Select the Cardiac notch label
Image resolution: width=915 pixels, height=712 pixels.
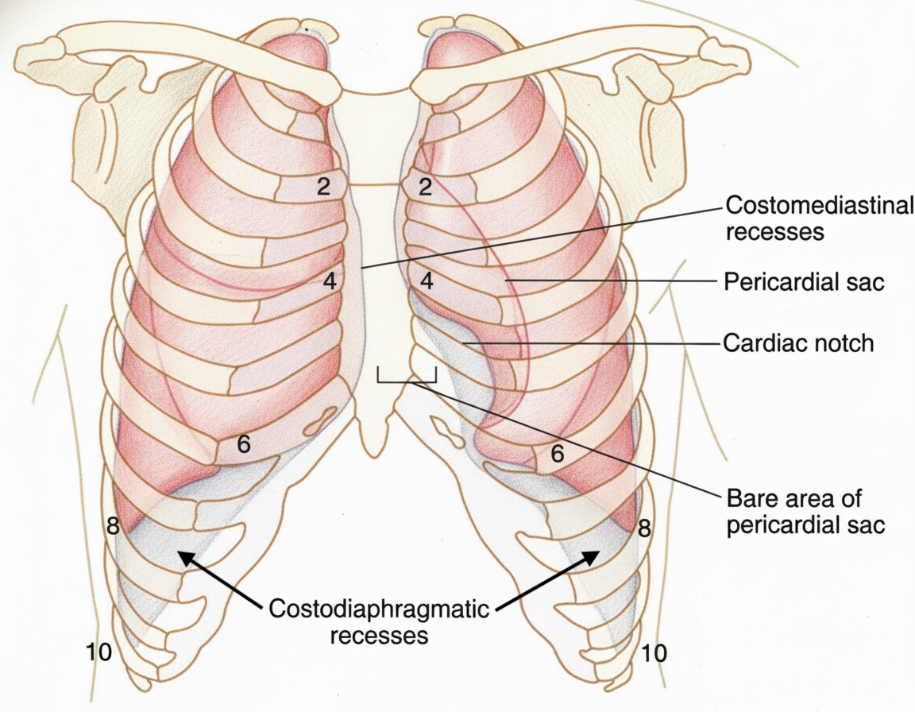click(x=798, y=343)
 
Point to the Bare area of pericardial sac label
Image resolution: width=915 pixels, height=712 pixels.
click(x=805, y=512)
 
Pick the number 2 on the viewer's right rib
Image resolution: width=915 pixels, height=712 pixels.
click(x=427, y=188)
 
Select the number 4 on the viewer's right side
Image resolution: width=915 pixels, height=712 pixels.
click(x=427, y=280)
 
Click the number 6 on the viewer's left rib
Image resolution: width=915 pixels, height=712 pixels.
click(x=244, y=444)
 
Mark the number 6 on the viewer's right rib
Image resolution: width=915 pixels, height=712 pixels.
click(x=558, y=454)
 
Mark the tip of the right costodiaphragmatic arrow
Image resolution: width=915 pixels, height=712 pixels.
click(x=598, y=553)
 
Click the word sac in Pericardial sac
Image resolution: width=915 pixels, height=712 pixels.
click(x=866, y=282)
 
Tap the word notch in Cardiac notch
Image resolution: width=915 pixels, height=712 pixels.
click(x=844, y=343)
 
